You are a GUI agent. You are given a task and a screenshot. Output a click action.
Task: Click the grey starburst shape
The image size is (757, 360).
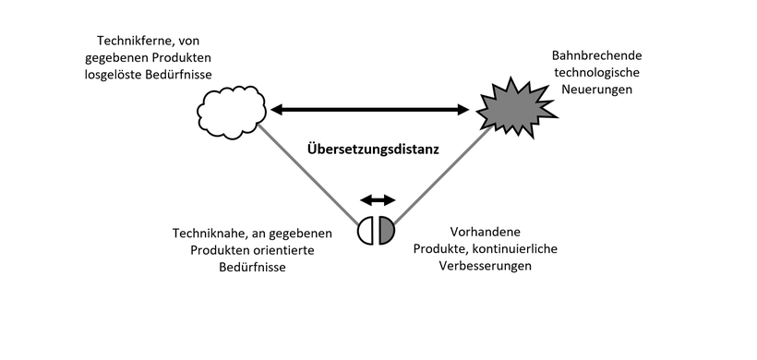click(x=516, y=110)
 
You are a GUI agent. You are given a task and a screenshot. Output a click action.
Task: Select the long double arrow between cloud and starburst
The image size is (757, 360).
click(x=370, y=110)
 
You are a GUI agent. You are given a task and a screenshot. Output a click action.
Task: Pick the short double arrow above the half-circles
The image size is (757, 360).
click(x=377, y=199)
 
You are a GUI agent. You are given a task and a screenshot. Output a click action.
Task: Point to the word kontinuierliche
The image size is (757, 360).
click(x=519, y=248)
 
